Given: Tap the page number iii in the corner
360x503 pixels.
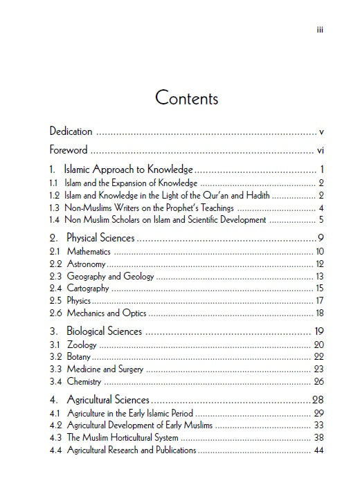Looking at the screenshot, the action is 320,30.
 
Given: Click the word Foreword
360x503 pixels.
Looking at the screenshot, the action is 69,150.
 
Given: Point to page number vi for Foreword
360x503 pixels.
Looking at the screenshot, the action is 321,150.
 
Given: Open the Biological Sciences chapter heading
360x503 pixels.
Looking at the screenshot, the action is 104,331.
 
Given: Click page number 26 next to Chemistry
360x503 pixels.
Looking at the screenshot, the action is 319,381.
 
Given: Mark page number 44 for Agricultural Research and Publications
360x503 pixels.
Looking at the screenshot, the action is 319,450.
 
